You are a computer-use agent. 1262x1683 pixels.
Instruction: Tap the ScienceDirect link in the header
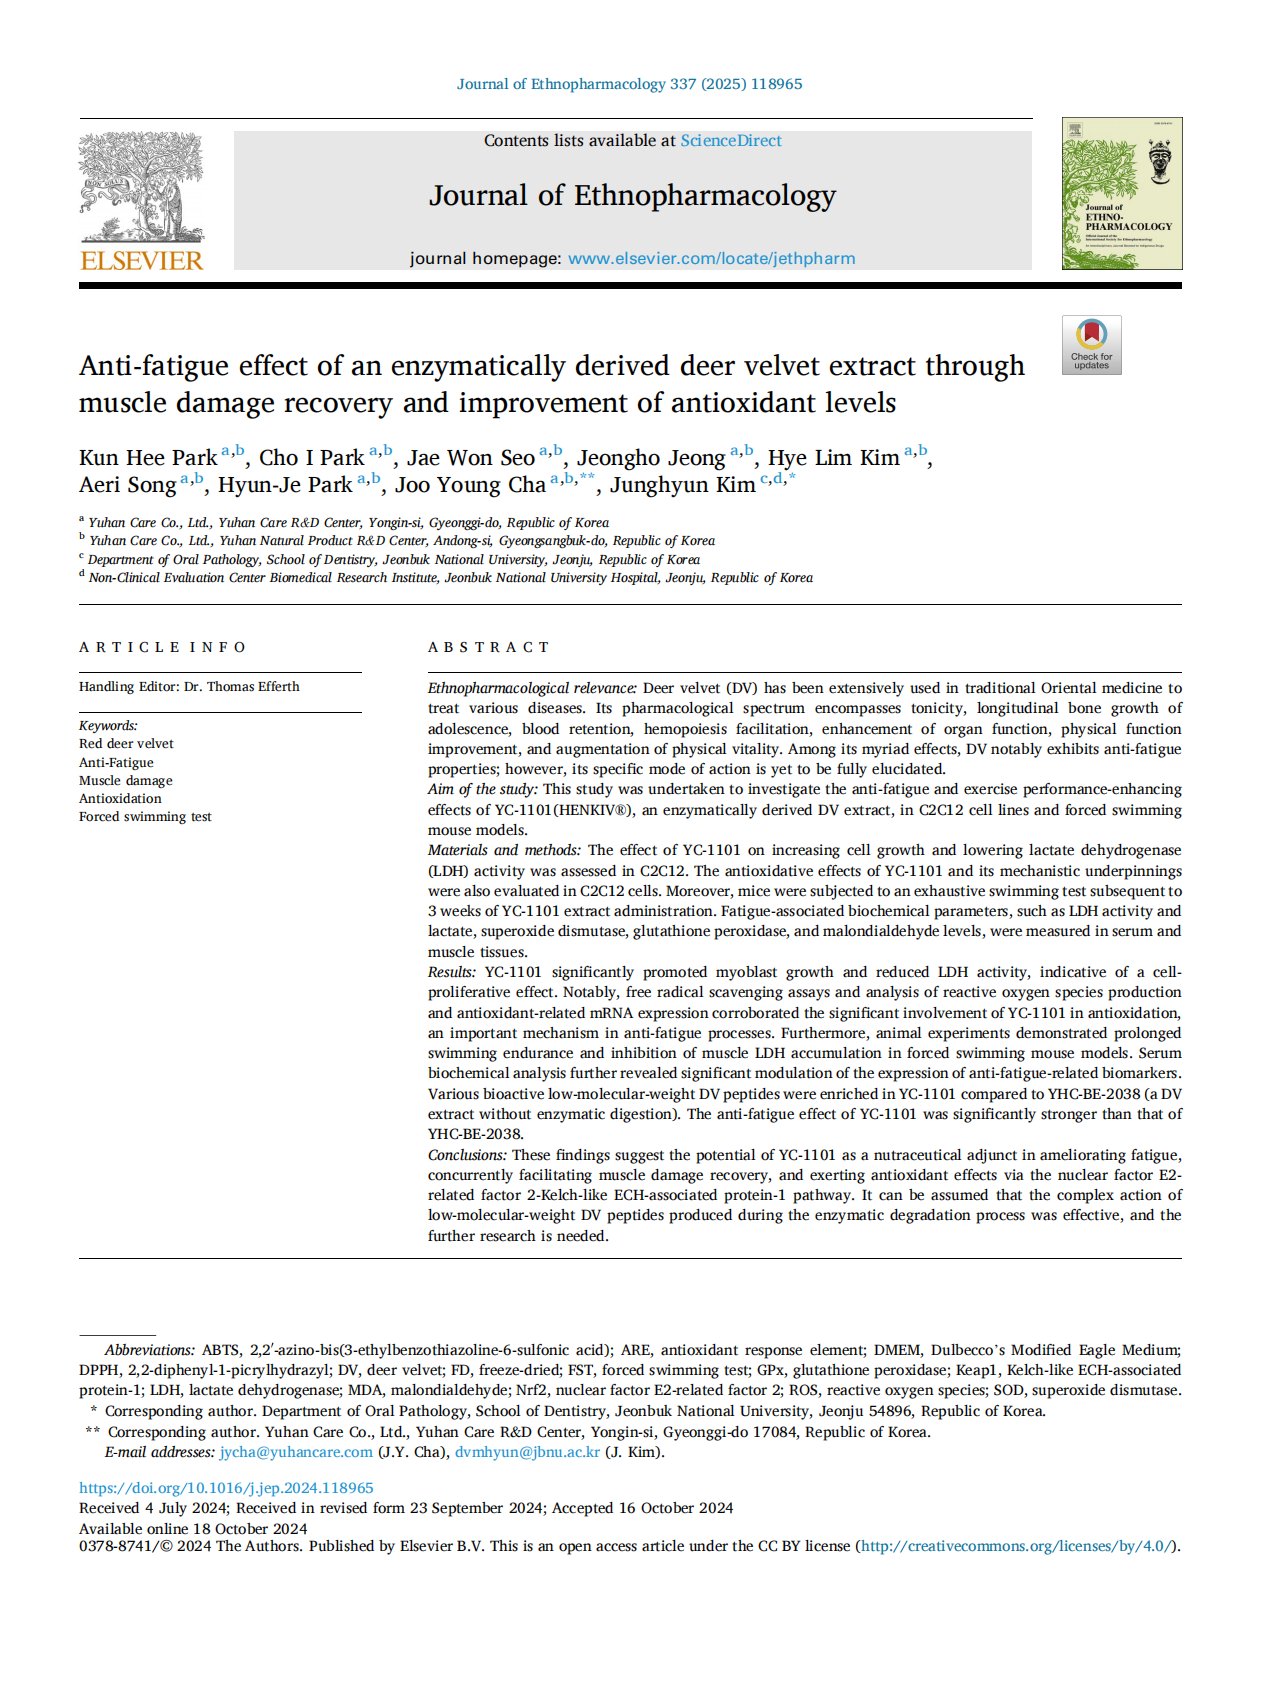pyautogui.click(x=731, y=141)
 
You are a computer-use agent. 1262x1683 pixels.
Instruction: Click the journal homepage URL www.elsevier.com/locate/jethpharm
pyautogui.click(x=711, y=258)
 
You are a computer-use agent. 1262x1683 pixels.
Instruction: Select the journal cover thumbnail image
pyautogui.click(x=1121, y=193)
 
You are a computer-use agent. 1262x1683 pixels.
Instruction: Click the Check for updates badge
pyautogui.click(x=1091, y=345)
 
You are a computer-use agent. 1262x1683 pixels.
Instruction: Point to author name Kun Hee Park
pyautogui.click(x=148, y=458)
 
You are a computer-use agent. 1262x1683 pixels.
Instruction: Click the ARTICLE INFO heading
pyautogui.click(x=162, y=647)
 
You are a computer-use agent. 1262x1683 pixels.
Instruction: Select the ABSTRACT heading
pyautogui.click(x=489, y=647)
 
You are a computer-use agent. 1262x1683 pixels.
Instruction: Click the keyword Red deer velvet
pyautogui.click(x=126, y=744)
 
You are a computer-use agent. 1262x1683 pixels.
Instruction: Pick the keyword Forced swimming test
pyautogui.click(x=145, y=817)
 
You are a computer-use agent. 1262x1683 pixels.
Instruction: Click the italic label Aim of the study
pyautogui.click(x=482, y=789)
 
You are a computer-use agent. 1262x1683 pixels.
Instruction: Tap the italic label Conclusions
pyautogui.click(x=467, y=1155)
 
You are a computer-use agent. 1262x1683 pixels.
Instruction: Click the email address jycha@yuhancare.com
pyautogui.click(x=296, y=1452)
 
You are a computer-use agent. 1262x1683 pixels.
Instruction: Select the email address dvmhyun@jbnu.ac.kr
pyautogui.click(x=527, y=1452)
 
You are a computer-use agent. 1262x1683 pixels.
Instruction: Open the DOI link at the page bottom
pyautogui.click(x=226, y=1488)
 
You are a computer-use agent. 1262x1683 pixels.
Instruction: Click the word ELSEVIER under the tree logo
pyautogui.click(x=141, y=261)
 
